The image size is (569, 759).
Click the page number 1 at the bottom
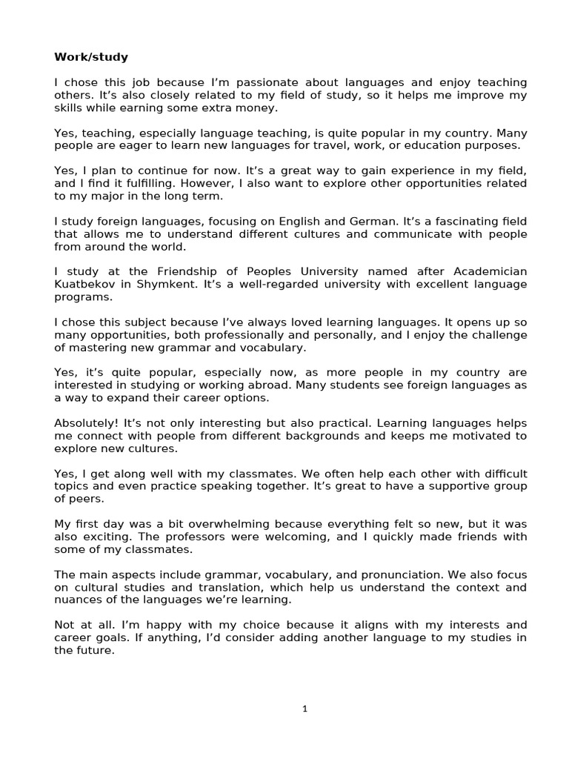tap(305, 709)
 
